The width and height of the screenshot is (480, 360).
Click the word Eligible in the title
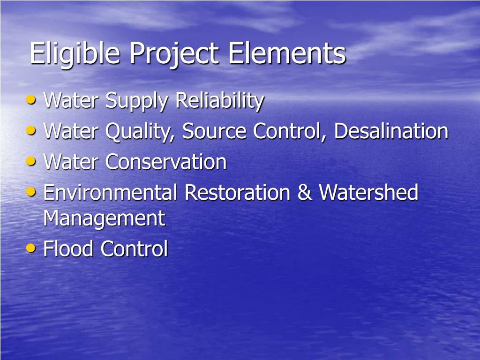[x=75, y=54]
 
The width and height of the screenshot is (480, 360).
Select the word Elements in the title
[x=287, y=53]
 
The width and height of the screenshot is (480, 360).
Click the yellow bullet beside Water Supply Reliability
[x=31, y=99]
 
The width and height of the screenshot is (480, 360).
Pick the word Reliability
[x=219, y=101]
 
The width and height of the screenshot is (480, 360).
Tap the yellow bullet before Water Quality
[x=31, y=130]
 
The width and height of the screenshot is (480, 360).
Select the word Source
[x=215, y=131]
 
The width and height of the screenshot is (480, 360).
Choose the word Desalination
[x=391, y=131]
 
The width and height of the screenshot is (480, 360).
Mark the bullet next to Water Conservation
[x=31, y=161]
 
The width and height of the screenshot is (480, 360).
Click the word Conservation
[x=166, y=162]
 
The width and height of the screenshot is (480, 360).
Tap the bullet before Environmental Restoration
[x=31, y=191]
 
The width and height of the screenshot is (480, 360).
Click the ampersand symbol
[x=305, y=193]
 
